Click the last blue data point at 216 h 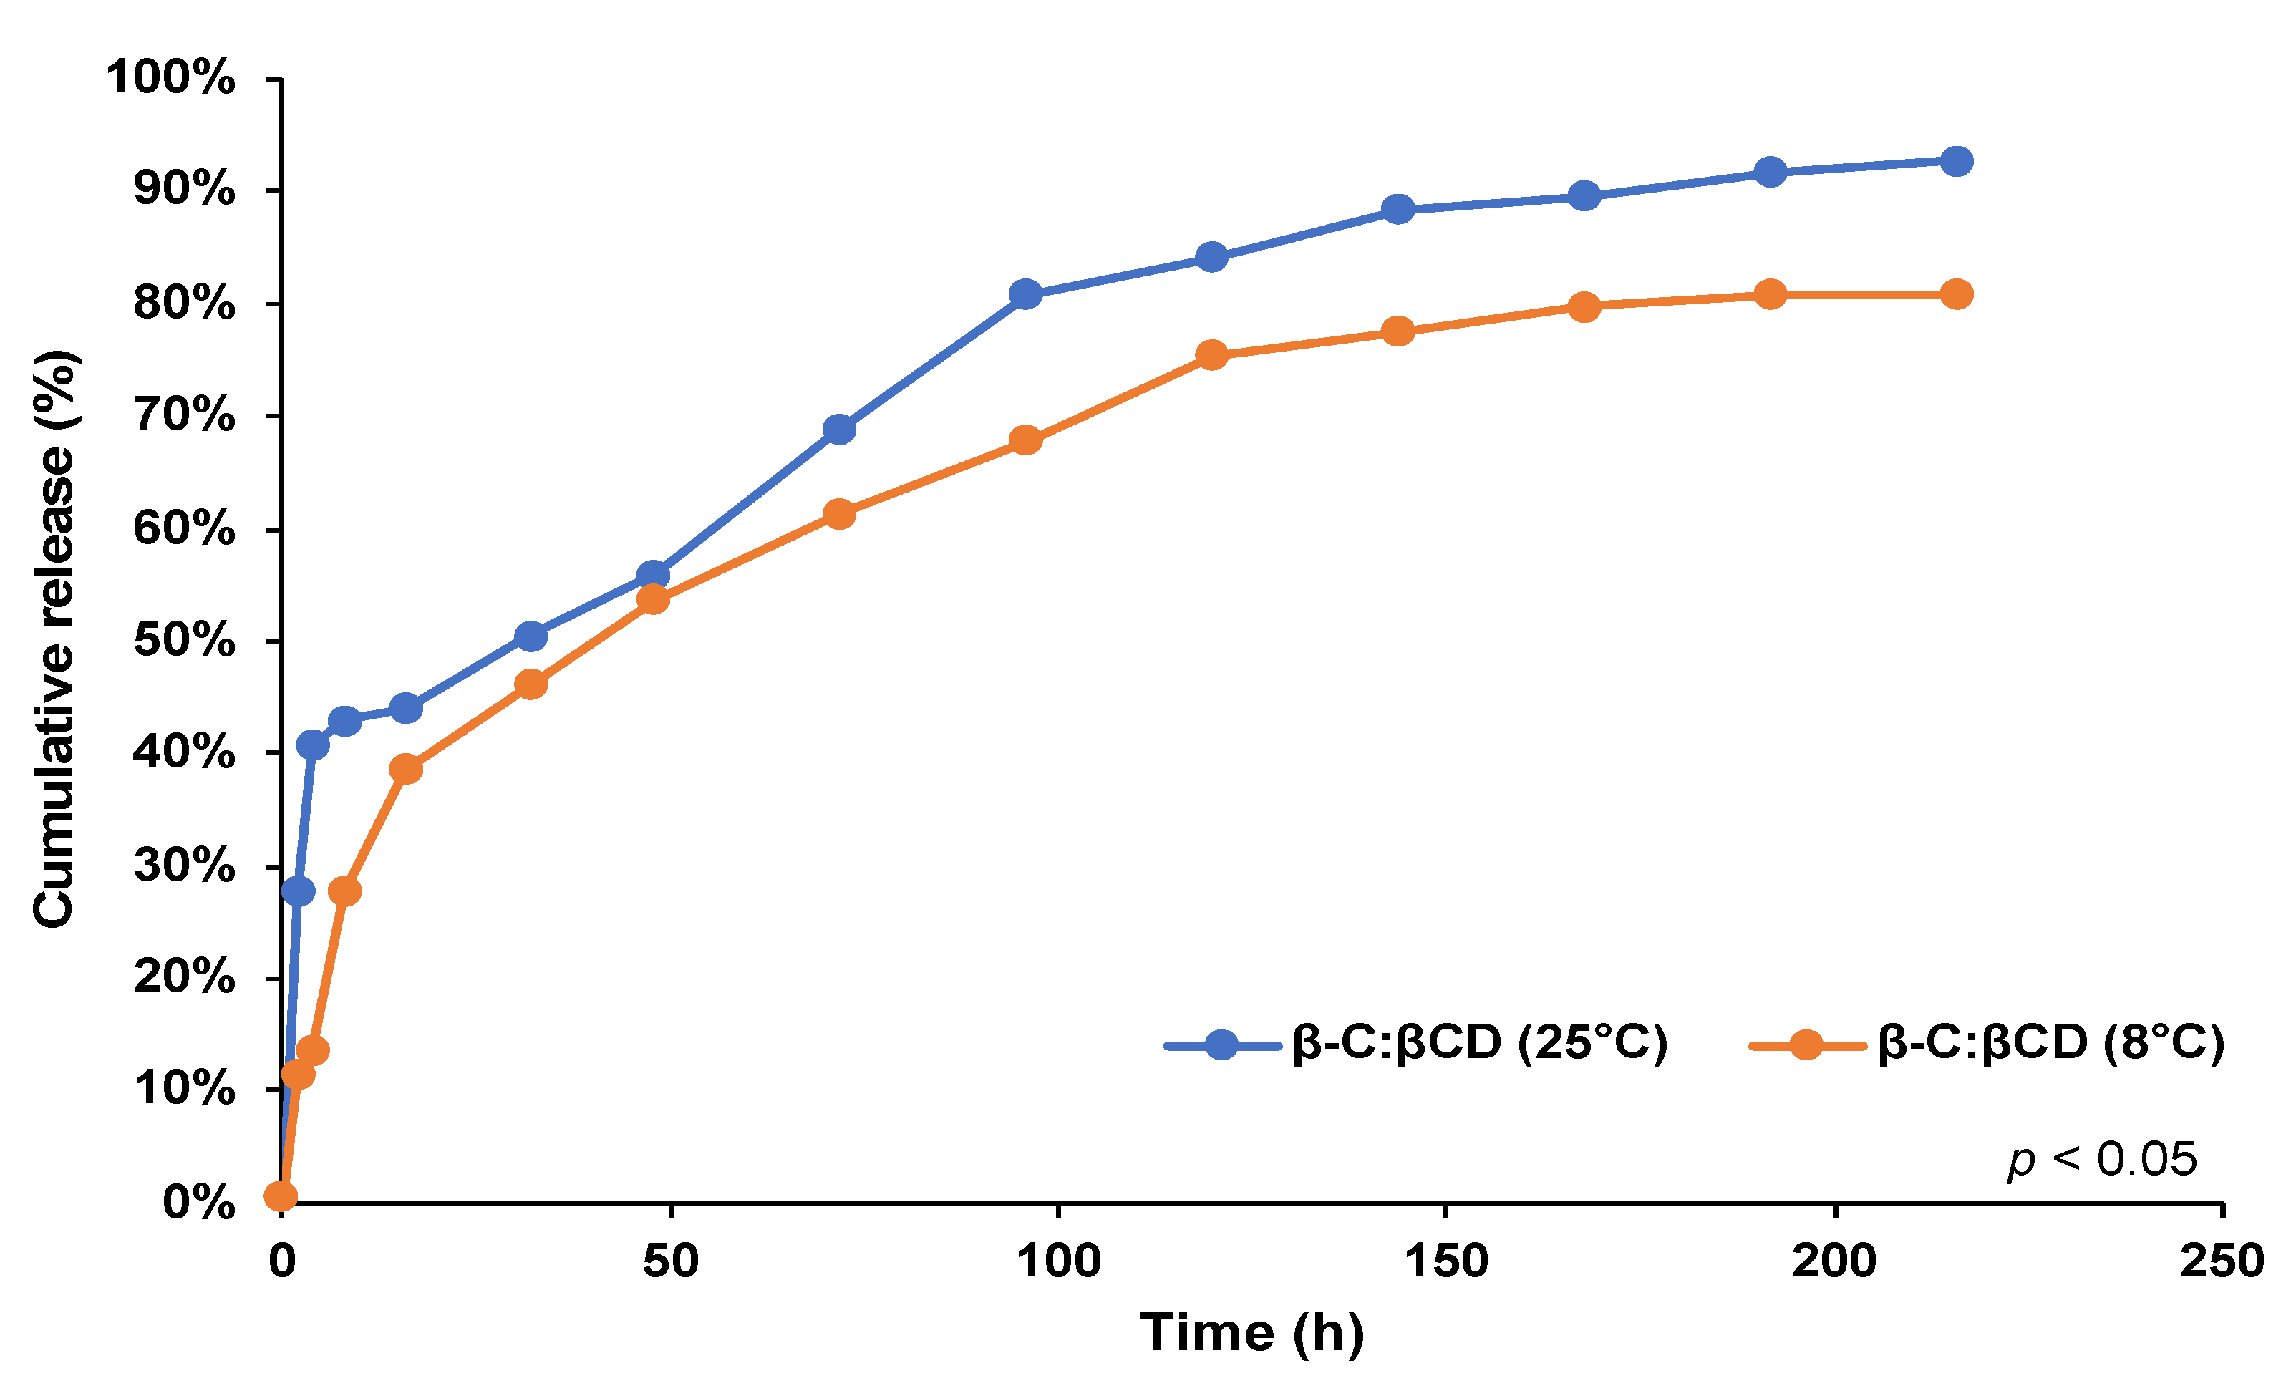click(1957, 160)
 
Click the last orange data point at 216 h click(1957, 294)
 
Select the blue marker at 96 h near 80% click(1025, 294)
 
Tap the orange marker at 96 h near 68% click(1025, 440)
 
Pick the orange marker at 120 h click(1211, 354)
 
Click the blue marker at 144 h click(1398, 209)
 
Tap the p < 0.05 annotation click(2101, 1160)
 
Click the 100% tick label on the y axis click(170, 77)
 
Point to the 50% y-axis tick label click(184, 640)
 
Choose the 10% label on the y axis click(184, 1088)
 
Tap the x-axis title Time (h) click(1251, 1333)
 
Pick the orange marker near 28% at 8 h click(345, 891)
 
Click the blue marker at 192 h click(1771, 172)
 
